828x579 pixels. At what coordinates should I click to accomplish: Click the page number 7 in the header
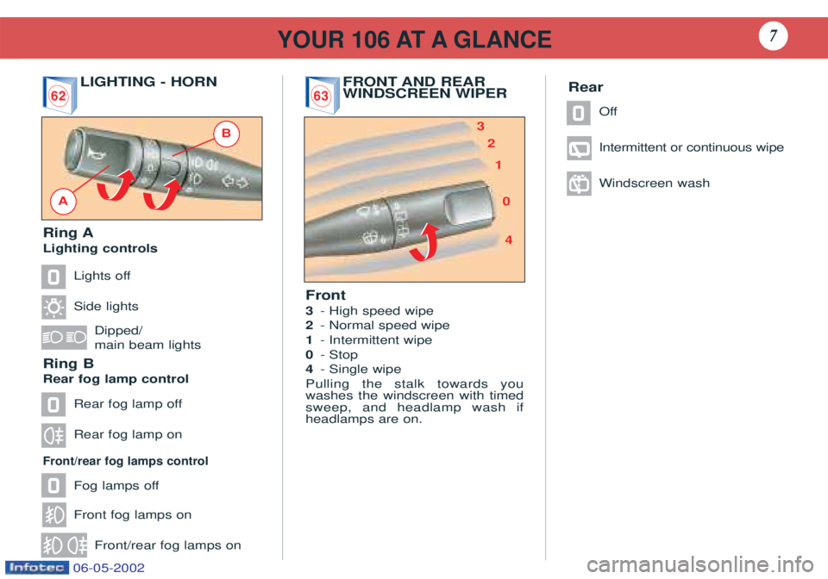(773, 36)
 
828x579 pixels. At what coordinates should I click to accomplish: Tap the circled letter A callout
(63, 201)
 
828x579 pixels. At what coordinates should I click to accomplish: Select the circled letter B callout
(227, 133)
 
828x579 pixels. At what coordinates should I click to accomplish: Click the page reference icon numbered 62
(60, 95)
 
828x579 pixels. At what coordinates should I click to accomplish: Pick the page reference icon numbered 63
(322, 95)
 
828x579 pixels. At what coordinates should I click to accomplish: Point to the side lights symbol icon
(53, 307)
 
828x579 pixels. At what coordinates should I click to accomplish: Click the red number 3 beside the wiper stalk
(480, 126)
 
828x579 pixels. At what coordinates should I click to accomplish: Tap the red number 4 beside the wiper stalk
(509, 240)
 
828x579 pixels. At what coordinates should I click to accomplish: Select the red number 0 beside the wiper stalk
(506, 201)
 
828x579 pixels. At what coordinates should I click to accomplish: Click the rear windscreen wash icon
(579, 184)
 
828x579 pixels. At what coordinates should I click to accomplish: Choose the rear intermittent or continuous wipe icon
(579, 148)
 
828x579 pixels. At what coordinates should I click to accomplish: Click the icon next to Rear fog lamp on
(53, 436)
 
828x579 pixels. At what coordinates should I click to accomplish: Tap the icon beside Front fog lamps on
(53, 514)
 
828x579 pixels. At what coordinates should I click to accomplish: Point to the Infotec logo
(36, 568)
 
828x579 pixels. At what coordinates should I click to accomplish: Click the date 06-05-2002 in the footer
(109, 568)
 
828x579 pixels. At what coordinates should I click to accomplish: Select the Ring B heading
(69, 364)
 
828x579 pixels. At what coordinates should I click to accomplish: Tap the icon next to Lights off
(53, 277)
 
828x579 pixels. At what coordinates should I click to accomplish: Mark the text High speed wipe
(381, 311)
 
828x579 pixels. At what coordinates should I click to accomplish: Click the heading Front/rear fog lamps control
(126, 461)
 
